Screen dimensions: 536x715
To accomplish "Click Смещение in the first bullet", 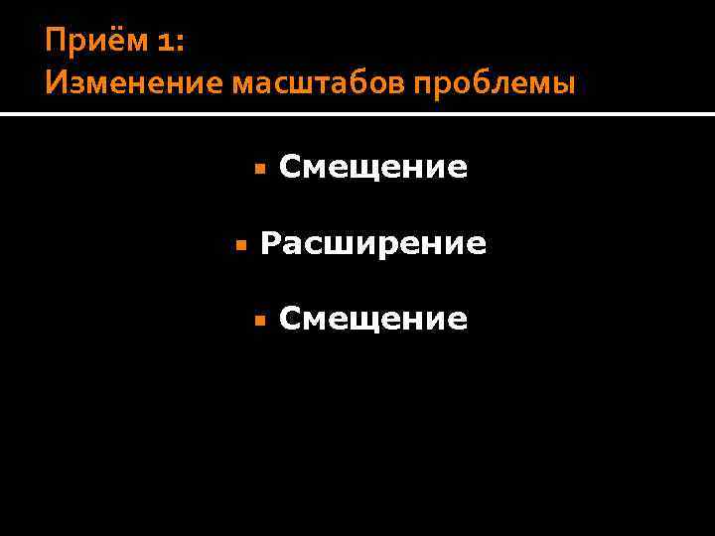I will pos(372,168).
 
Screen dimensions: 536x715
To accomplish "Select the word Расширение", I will pos(372,243).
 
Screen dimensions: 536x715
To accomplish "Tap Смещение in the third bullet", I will pos(372,319).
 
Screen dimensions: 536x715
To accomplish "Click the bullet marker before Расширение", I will pos(239,244).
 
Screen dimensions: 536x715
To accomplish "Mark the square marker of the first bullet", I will pos(259,169).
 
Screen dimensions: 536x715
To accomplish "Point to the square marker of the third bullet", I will pos(259,320).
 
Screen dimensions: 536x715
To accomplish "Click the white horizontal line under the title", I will pos(357,115).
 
